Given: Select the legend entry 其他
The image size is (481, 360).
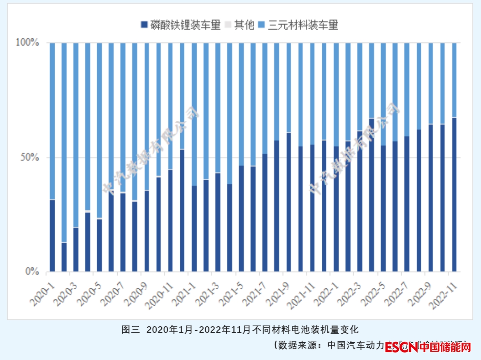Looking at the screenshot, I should tap(240, 25).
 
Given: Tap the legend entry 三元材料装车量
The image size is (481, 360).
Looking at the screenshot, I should tap(298, 25).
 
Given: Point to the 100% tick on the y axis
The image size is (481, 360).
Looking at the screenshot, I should tap(27, 42).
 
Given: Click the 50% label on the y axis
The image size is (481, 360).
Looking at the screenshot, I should tap(30, 158).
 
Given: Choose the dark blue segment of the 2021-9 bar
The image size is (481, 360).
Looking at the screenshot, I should tap(289, 202).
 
